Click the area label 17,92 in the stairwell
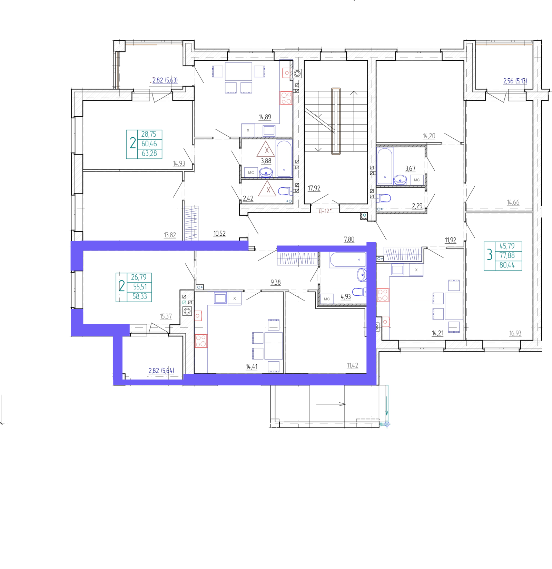coord(314,188)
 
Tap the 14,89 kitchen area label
coord(265,117)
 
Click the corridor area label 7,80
coord(349,239)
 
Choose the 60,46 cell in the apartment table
coord(149,144)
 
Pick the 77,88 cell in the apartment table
coord(507,256)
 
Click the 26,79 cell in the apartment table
coord(139,277)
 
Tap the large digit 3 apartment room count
coord(489,256)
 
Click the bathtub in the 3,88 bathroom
coord(284,159)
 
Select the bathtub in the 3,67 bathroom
coord(385,166)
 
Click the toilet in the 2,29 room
coord(384,198)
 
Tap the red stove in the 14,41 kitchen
coord(201,341)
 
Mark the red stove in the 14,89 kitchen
coord(286,98)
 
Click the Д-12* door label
coord(325,211)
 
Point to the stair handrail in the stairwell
coord(336,121)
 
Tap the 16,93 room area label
coord(515,333)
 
